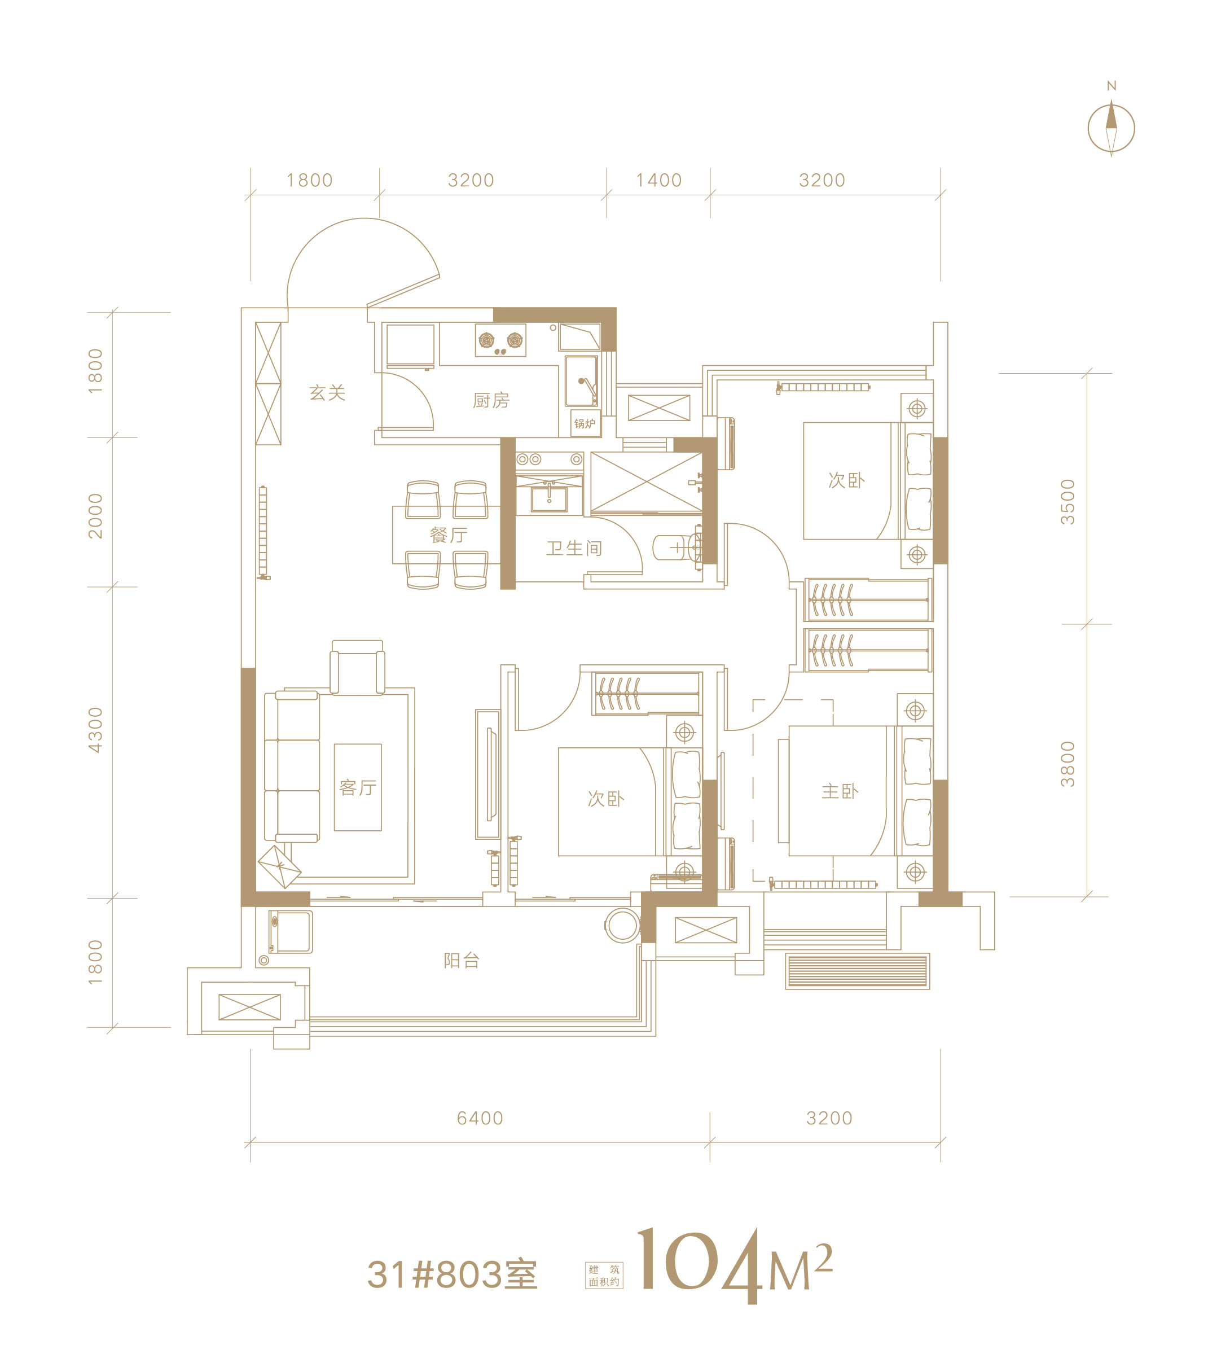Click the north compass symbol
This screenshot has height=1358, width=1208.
tap(1111, 128)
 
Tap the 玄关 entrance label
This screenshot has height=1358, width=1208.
tap(327, 393)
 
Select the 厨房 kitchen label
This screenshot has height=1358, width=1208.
tap(491, 400)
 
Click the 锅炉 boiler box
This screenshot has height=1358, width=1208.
tap(585, 423)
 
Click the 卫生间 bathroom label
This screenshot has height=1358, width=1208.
tap(574, 548)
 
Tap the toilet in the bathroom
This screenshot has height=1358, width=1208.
tap(678, 547)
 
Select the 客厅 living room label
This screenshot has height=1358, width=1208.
tap(358, 787)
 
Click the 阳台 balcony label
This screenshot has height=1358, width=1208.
tap(462, 960)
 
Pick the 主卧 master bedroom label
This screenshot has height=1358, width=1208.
tap(840, 791)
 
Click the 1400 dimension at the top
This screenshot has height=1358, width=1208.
tap(659, 180)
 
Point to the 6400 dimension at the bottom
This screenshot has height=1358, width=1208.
tap(480, 1118)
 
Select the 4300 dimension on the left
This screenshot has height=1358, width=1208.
tap(95, 729)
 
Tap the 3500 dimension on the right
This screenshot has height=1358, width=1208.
tap(1066, 502)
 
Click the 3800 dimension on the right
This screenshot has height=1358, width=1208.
tap(1066, 764)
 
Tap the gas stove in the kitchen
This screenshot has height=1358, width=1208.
tap(500, 340)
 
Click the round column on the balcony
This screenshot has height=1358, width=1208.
tap(622, 926)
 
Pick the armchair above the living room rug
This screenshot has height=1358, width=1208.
tap(357, 667)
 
